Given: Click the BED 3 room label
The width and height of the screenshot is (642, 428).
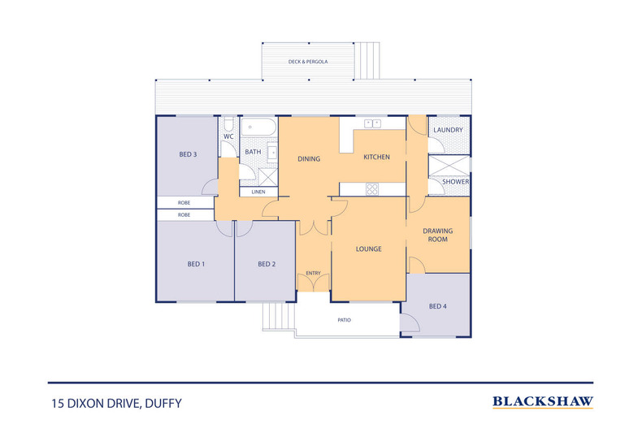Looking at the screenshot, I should (x=188, y=154).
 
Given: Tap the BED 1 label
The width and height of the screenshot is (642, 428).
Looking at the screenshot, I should (x=196, y=264).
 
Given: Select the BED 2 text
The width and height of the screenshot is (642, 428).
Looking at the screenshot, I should (x=267, y=264).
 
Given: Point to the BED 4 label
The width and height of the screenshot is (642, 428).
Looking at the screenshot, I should (x=437, y=306).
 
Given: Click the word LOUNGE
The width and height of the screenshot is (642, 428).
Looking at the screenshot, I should (x=368, y=249).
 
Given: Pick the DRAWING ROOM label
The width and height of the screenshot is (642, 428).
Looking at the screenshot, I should (x=437, y=236).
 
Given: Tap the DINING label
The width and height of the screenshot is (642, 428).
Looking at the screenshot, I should (x=308, y=159).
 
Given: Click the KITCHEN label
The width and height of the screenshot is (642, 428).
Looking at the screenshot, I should (x=376, y=157).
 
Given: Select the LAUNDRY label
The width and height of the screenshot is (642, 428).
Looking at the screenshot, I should (x=448, y=130).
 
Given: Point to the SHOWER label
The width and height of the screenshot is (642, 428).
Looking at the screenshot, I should (x=455, y=182).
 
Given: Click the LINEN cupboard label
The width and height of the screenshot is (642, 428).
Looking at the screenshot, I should (x=258, y=192).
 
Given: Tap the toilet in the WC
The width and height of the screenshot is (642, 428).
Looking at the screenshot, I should (x=229, y=124).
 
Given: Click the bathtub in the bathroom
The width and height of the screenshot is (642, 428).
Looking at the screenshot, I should (x=258, y=128).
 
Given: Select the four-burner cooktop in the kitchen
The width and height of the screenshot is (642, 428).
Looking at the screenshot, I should (x=373, y=189).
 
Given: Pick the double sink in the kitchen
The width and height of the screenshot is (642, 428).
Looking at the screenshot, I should (x=373, y=123).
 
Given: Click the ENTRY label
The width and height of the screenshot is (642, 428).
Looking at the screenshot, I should (x=313, y=273).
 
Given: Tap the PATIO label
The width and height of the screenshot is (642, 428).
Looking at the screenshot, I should (x=345, y=320).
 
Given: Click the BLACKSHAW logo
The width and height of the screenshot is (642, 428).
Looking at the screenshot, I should (x=543, y=401).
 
